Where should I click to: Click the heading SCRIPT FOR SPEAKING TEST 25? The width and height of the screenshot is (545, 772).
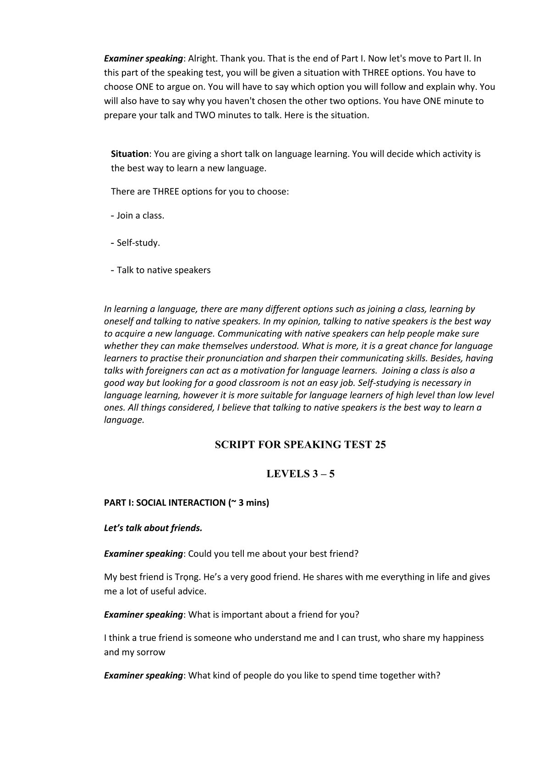(300, 445)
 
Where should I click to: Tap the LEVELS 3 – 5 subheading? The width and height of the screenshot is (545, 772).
(300, 474)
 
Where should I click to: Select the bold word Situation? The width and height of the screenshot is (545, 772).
(130, 154)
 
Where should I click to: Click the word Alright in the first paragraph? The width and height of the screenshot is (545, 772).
(202, 59)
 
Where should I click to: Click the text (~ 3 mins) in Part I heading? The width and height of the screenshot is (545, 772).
(248, 503)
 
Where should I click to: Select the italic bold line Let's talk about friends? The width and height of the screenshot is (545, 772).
(153, 528)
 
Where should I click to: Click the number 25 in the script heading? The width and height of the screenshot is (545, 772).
(380, 445)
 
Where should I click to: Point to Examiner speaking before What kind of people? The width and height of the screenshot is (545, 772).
(143, 676)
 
